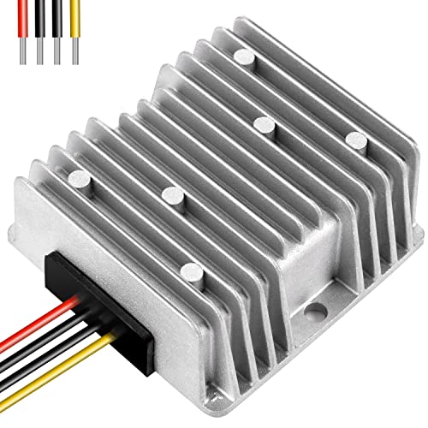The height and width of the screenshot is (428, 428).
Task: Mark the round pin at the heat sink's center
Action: [x=262, y=125]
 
